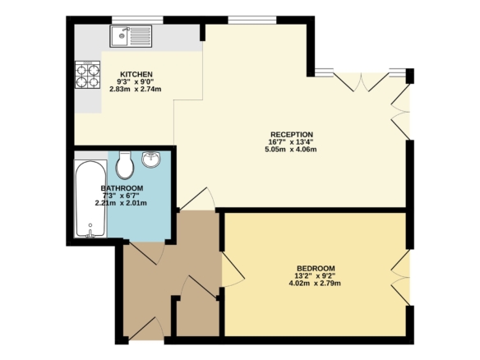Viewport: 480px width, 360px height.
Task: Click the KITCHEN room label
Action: (136, 75)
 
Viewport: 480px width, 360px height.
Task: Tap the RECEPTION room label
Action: (292, 135)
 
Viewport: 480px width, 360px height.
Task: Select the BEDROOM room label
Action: (316, 269)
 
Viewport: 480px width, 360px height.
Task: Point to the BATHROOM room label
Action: (122, 188)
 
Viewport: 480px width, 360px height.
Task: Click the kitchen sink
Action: (131, 36)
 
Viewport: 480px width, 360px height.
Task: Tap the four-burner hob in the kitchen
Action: (88, 75)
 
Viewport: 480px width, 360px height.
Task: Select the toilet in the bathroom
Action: (125, 165)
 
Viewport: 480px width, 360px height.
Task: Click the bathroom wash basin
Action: (151, 159)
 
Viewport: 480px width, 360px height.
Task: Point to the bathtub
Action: (90, 199)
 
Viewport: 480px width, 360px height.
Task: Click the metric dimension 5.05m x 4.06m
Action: (290, 150)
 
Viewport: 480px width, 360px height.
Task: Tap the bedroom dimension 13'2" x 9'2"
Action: (315, 276)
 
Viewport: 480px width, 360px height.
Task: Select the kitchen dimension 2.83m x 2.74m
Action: (136, 90)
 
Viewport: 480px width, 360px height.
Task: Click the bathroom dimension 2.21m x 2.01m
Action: (121, 203)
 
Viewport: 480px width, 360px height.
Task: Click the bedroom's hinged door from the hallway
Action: (233, 270)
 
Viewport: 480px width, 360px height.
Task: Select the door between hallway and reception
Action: (197, 199)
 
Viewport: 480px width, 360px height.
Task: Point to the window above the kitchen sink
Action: (137, 20)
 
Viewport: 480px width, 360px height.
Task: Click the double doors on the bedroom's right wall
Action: (400, 278)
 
